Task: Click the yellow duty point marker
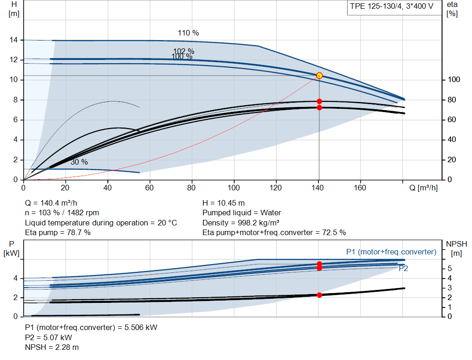[x=319, y=76]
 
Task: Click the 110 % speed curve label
[x=189, y=33]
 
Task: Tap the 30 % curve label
[x=79, y=162]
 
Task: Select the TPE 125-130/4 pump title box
[x=394, y=7]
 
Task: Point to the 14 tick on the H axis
[x=14, y=40]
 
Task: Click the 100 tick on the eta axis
[x=454, y=79]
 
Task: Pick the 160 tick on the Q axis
[x=360, y=188]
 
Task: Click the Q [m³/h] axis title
[x=424, y=188]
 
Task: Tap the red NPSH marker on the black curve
[x=319, y=295]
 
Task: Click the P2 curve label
[x=403, y=268]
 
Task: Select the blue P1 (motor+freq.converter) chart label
[x=391, y=252]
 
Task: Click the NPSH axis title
[x=457, y=248]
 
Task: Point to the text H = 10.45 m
[x=224, y=203]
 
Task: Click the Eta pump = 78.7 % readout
[x=58, y=232]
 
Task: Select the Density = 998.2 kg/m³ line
[x=241, y=223]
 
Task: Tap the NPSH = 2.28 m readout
[x=52, y=347]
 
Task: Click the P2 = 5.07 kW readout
[x=48, y=337]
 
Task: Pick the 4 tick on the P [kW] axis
[x=15, y=278]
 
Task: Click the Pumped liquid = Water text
[x=242, y=213]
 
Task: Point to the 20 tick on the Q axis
[x=65, y=188]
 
